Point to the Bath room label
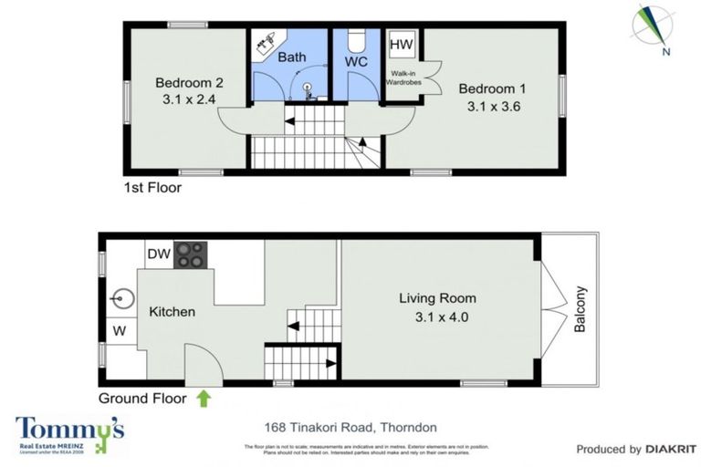[292, 57]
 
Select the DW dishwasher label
[158, 254]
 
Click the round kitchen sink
[120, 298]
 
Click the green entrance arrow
[202, 398]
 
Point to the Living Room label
[437, 298]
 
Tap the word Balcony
[580, 310]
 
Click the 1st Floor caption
[152, 189]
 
